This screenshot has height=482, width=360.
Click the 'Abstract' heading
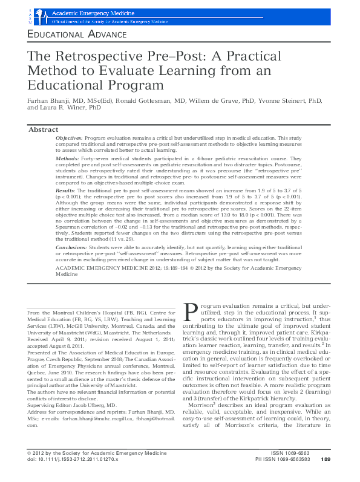click(x=44, y=129)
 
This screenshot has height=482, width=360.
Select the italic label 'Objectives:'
click(x=69, y=138)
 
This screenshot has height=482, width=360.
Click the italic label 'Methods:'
click(x=67, y=158)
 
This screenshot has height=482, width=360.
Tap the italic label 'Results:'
click(x=65, y=190)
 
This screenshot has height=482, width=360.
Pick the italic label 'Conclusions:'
click(x=71, y=247)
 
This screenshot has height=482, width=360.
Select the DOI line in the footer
click(x=73, y=477)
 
